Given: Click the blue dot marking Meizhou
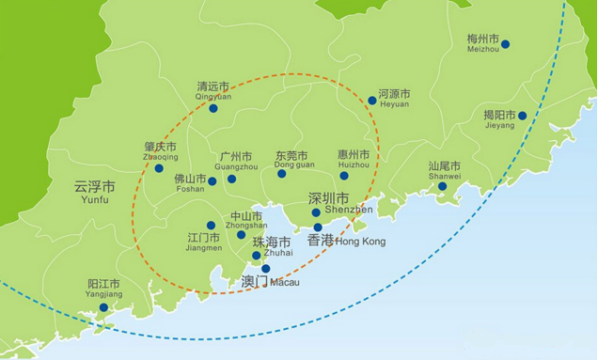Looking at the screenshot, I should pos(505,44).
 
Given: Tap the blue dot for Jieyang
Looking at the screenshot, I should pos(522,116).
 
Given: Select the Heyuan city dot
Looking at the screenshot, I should pos(372,100).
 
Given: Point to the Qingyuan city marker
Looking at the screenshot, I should pos(213,109).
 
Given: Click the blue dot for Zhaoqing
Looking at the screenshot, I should pos(159,168).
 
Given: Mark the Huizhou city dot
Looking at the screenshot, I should pos(344,176).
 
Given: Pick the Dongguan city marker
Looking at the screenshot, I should pos(281,174).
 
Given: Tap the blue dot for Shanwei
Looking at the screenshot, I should pos(442,186).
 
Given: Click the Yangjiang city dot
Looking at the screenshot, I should pos(103,307).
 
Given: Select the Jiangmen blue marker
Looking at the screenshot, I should pos(211,226).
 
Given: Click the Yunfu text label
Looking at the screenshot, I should pos(94,199).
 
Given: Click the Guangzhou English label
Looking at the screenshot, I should pos(235,166).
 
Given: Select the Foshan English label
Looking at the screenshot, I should pos(189,188).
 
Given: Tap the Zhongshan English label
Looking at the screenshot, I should pos(246,226).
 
